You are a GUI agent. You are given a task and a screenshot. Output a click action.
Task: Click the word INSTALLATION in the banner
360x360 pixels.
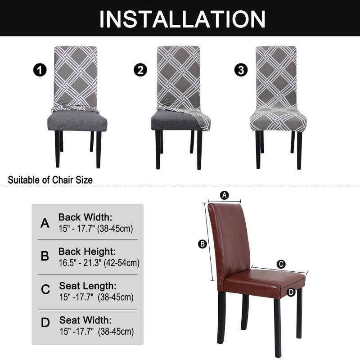[x=182, y=18]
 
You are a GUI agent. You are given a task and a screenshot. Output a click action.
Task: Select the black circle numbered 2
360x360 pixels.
[x=140, y=70]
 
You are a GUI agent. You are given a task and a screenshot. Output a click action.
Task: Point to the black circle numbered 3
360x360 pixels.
[x=241, y=70]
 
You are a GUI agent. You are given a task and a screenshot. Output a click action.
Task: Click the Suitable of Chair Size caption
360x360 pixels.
[x=50, y=180]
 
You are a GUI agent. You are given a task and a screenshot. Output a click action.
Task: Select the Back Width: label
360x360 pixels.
[x=85, y=217]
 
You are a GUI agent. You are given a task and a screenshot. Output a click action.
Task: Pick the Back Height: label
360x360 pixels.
[x=87, y=252]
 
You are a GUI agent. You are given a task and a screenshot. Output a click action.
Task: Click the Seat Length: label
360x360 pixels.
[x=88, y=286]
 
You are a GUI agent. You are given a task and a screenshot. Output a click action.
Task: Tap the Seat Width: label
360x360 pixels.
[x=85, y=320]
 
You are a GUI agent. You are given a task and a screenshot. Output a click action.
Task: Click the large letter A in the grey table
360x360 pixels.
[x=45, y=223]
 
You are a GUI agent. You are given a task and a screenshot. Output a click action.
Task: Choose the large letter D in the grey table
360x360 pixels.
[x=45, y=323]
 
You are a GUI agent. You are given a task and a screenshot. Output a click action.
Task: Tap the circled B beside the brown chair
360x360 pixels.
[x=202, y=244]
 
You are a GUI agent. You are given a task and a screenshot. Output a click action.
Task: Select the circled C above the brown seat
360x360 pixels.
[x=281, y=265]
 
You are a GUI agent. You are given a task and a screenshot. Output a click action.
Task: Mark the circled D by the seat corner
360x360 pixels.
[x=291, y=292]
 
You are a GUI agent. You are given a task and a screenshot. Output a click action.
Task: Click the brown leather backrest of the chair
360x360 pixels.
[x=229, y=238]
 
